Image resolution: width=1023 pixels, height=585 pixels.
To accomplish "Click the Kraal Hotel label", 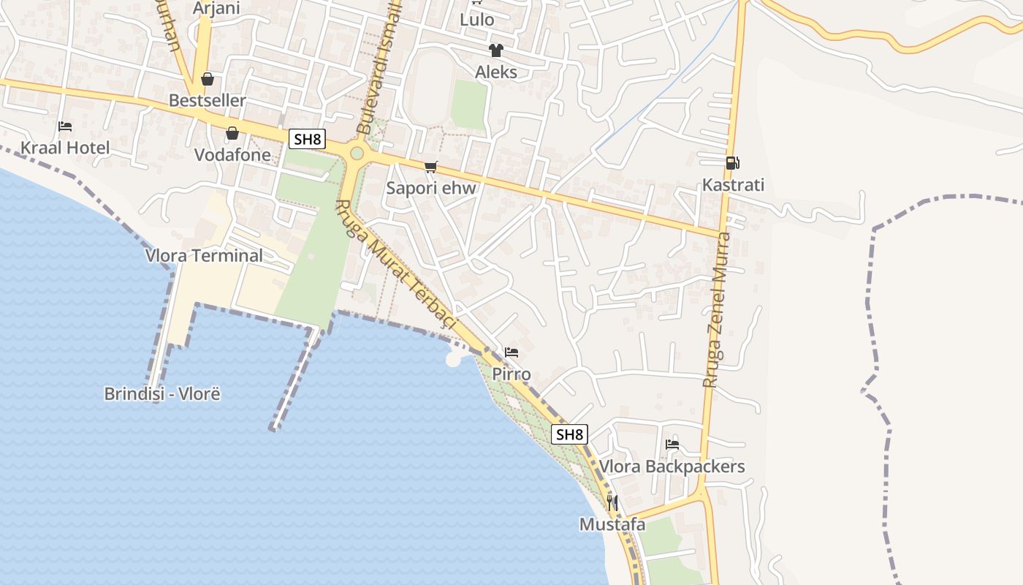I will coord(65,148).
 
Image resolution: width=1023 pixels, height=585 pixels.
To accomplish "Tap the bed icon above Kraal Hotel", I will coord(65,127).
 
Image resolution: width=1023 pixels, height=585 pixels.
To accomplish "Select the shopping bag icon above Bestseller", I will coord(208,79).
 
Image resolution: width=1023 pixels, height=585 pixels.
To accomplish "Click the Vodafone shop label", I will coord(232,155).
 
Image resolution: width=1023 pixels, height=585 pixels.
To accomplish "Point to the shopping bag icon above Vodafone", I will coord(232,133).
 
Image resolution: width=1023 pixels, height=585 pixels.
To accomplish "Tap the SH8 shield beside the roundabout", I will coord(307,139).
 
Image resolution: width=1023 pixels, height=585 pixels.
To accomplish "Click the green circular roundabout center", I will coord(357,154).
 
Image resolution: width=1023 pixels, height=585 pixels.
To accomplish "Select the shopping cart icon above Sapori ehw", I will coord(431,167).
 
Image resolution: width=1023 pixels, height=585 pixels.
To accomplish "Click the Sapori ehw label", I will coord(431,188).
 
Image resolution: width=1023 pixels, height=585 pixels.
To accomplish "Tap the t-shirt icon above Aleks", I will coord(496,50).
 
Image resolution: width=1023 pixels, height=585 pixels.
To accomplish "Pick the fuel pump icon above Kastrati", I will coord(732,163).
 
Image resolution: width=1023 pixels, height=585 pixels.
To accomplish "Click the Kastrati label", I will coord(733,185).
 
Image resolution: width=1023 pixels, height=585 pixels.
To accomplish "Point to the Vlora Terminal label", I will coord(204,256).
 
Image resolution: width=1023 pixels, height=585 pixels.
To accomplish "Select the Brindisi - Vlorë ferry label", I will coord(162,394).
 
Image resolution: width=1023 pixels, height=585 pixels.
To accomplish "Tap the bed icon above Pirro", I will coord(512,352).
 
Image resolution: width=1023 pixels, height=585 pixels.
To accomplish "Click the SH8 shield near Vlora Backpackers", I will coord(570,434).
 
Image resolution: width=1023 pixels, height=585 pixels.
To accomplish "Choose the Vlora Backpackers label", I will coord(672,467).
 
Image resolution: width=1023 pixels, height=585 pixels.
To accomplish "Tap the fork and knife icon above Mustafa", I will coord(612,503).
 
